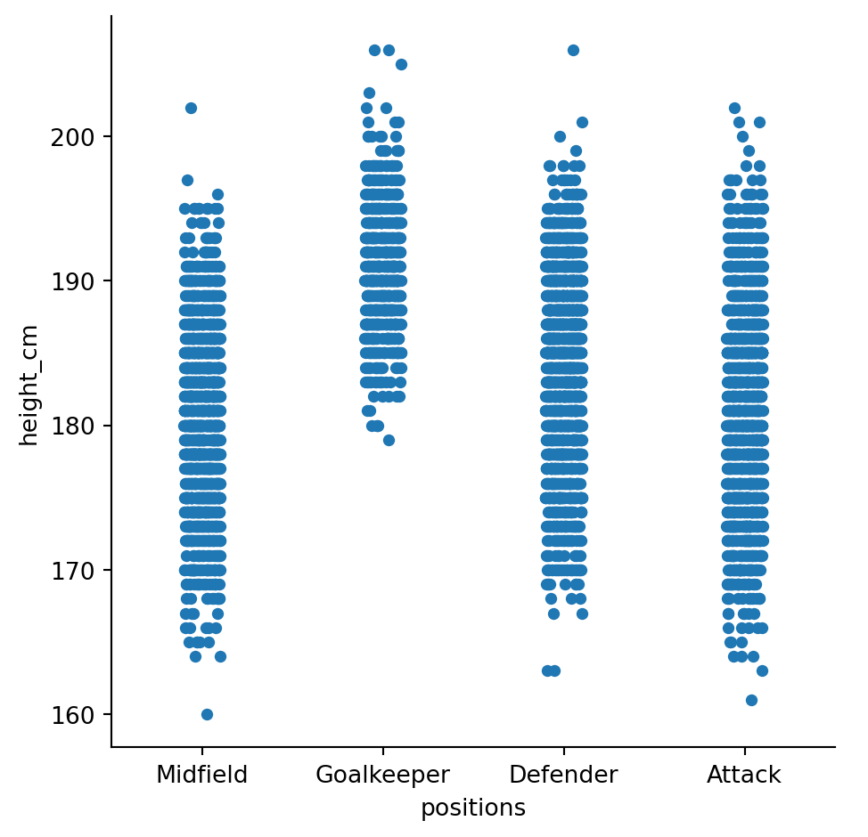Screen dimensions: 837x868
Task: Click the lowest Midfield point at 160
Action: (207, 714)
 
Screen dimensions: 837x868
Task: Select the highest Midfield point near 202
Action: (191, 108)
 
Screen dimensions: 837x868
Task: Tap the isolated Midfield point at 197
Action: (187, 180)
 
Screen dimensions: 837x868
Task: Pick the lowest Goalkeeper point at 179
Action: (389, 440)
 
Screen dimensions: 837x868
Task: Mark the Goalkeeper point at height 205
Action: (401, 64)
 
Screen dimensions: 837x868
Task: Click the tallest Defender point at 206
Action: (573, 50)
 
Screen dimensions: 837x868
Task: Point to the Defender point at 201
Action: (582, 122)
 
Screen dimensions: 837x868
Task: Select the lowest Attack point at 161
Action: (751, 700)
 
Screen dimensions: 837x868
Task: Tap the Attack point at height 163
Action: (762, 670)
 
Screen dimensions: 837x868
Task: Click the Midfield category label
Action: (202, 775)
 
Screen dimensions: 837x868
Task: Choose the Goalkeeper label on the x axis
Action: (383, 775)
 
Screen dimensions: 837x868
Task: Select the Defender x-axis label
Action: (563, 775)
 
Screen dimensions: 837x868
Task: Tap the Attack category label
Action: (744, 775)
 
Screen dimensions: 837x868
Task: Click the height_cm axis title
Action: (29, 386)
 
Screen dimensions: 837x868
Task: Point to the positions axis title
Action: (473, 808)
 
